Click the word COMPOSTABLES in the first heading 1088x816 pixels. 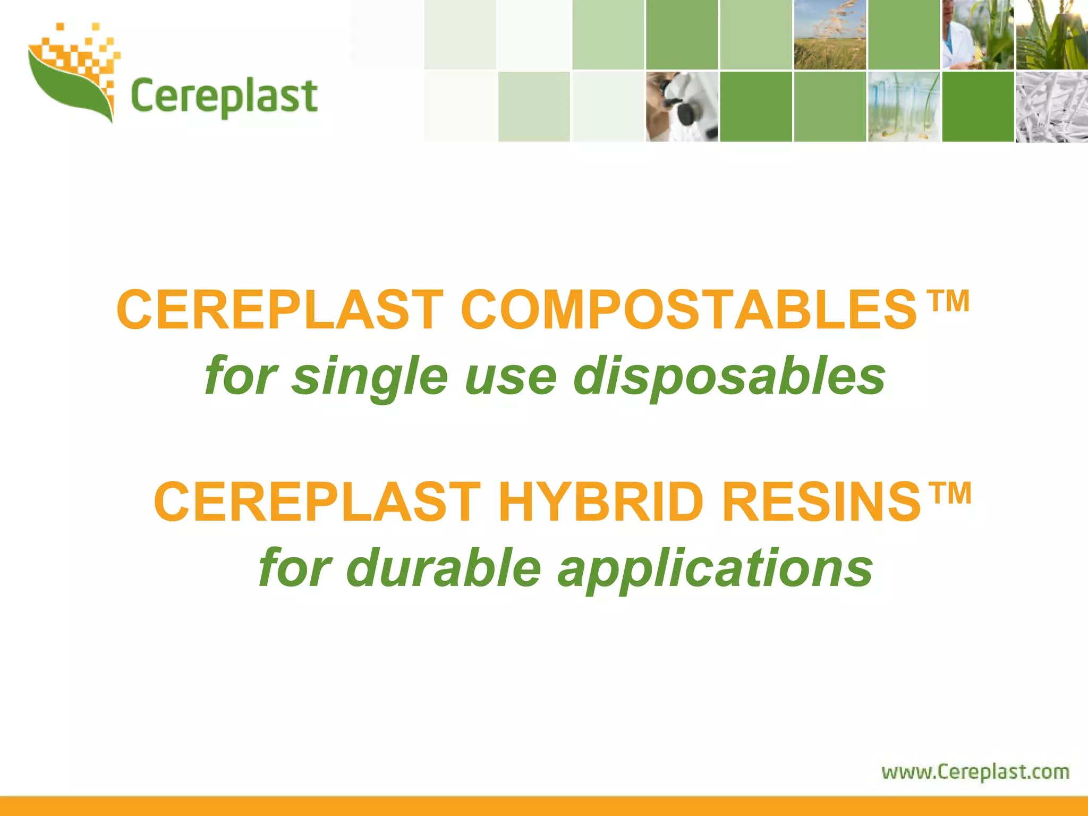[688, 310]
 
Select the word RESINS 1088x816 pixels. [821, 502]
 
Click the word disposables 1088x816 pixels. [729, 377]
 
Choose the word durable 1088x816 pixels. [444, 568]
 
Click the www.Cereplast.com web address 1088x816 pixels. [975, 771]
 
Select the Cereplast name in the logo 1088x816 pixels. [224, 97]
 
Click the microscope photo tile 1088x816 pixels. [682, 107]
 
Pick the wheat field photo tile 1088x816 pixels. [830, 35]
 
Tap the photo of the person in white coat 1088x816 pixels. [977, 35]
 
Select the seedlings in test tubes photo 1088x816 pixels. [904, 107]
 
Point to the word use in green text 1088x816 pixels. [511, 377]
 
